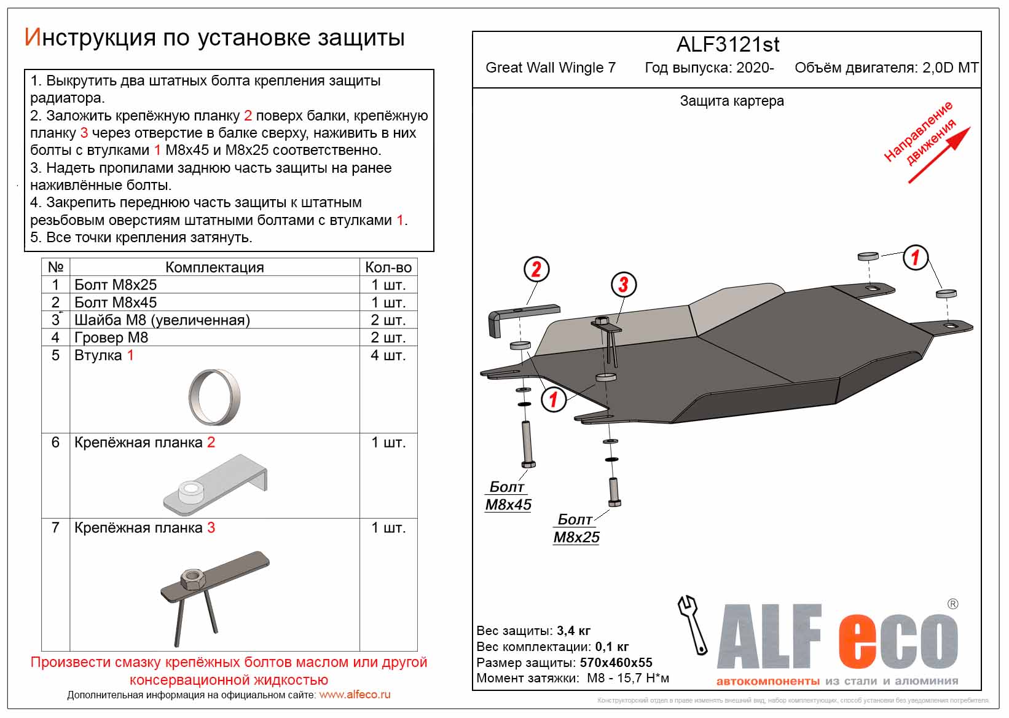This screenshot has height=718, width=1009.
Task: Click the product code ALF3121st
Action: point(728,45)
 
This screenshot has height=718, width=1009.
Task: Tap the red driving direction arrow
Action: point(939,155)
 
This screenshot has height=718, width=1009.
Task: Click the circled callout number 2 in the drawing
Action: point(536,269)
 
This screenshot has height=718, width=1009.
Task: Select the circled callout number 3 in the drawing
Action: point(623,285)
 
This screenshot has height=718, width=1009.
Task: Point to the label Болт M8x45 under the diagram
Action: point(508,495)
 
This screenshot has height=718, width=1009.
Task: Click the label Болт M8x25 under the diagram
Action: point(576,528)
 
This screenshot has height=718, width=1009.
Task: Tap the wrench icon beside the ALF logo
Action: point(693,624)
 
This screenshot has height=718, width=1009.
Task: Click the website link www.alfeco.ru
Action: point(355,695)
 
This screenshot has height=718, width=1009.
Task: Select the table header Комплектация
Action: point(214,267)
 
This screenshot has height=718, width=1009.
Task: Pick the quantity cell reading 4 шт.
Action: point(388,355)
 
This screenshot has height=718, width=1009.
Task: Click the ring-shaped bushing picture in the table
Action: point(214,398)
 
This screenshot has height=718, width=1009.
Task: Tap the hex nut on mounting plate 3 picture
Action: point(192,578)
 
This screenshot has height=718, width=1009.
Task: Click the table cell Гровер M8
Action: point(111,337)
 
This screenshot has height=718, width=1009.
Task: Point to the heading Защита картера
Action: point(731,101)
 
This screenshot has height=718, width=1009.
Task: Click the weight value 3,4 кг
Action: point(573,631)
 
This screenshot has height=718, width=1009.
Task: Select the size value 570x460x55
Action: point(616,663)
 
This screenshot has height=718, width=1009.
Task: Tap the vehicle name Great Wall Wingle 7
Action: point(550,68)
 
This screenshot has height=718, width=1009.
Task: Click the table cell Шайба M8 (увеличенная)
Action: point(162,320)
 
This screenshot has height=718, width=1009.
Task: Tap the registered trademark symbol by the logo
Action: point(952,604)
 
